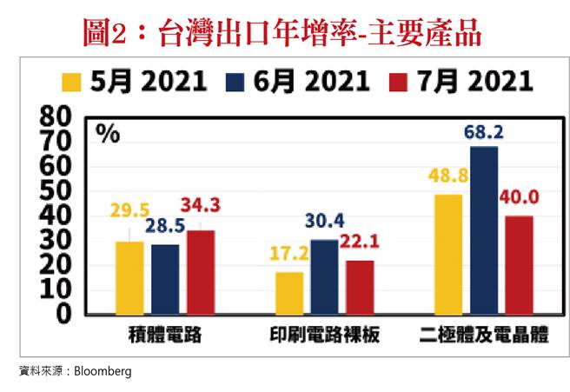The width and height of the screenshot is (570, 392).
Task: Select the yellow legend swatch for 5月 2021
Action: pos(72,83)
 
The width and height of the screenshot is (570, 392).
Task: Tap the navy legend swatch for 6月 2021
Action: pos(236,83)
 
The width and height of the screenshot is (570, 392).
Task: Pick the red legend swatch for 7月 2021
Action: pos(400,83)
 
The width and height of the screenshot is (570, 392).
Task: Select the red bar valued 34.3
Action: pos(201,271)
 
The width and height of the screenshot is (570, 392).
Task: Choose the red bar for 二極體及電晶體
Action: pos(519,264)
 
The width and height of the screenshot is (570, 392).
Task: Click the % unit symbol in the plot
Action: pos(108,133)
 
